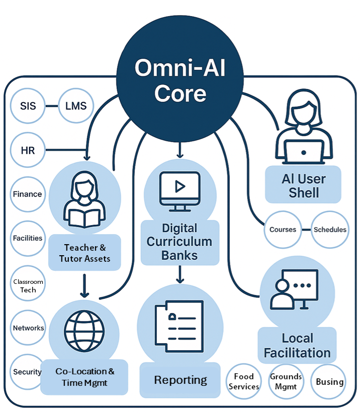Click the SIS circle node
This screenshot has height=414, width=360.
point(28,106)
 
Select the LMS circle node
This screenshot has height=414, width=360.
point(76,106)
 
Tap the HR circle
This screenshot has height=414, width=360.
point(28,150)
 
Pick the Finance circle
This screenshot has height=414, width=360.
point(28,194)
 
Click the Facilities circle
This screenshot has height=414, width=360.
point(28,238)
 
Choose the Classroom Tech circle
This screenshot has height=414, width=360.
point(28,285)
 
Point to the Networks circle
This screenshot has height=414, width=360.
point(28,328)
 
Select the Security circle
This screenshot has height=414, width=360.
point(28,372)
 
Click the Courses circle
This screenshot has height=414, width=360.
point(283,230)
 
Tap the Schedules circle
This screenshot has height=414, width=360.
point(330,230)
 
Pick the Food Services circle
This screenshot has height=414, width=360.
point(244,381)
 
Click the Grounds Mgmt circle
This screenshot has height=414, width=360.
point(286,381)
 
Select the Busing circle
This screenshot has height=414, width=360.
point(329,381)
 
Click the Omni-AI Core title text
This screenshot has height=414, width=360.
point(180,80)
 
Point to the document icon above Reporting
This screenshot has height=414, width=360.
point(180,324)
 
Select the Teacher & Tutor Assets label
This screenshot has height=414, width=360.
point(84,253)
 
